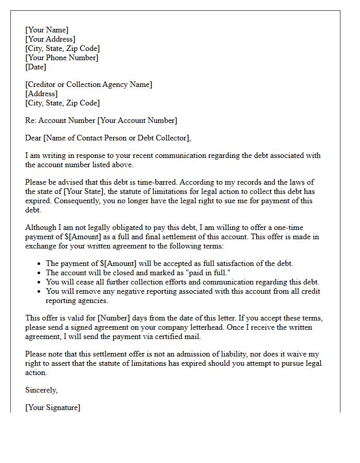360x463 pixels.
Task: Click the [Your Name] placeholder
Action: [x=47, y=30]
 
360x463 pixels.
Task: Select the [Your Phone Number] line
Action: [x=62, y=58]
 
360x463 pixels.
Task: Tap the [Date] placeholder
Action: [x=36, y=67]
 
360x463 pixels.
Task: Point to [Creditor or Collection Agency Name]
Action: [x=88, y=84]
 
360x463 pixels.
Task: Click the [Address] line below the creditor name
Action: [x=41, y=94]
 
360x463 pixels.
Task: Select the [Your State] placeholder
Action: [x=83, y=191]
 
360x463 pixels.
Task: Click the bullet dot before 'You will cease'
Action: [x=40, y=282]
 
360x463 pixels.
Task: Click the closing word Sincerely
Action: [x=42, y=390]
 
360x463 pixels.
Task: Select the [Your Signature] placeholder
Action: [x=53, y=407]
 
